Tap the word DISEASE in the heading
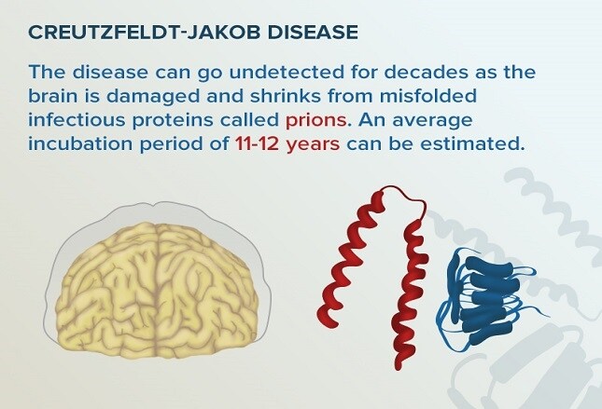pyautogui.click(x=313, y=33)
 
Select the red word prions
pyautogui.click(x=316, y=121)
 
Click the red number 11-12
pyautogui.click(x=257, y=144)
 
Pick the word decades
pyautogui.click(x=427, y=72)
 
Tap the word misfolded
pyautogui.click(x=428, y=96)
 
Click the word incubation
pyautogui.click(x=80, y=144)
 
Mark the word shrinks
pyautogui.click(x=286, y=96)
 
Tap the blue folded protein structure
pyautogui.click(x=487, y=299)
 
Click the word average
pyautogui.click(x=432, y=121)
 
